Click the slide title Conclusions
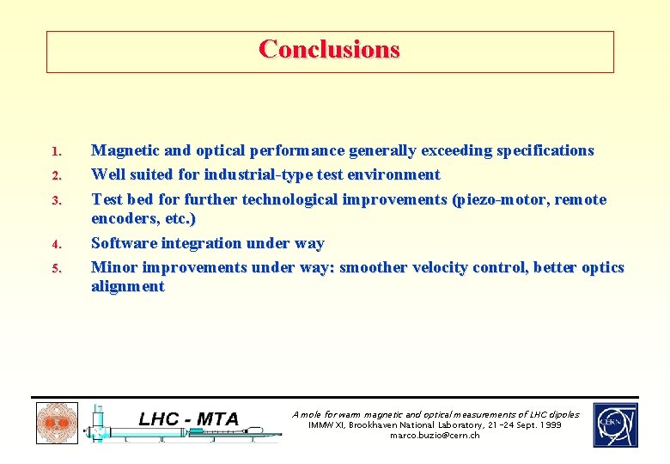[x=329, y=49]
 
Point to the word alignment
[x=127, y=286]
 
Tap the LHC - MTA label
[x=188, y=418]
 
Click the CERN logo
[x=615, y=424]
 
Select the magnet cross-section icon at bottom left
[x=57, y=424]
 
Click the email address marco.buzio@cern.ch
[x=435, y=436]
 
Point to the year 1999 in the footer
[x=550, y=425]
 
